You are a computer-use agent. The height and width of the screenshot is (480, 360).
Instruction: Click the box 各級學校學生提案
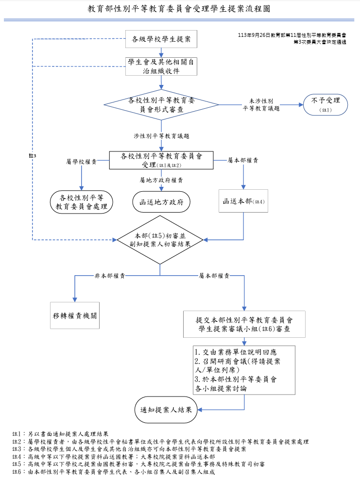tap(161, 39)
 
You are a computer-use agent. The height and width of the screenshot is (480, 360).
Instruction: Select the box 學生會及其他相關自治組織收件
tap(161, 66)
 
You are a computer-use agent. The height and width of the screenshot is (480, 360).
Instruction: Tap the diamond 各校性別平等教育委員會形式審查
tap(161, 105)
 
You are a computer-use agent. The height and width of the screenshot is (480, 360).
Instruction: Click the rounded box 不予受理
tap(326, 105)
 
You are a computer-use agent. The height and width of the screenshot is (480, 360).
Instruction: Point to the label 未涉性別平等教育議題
tap(261, 105)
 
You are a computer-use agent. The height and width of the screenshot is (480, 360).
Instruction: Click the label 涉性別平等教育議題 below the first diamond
tap(161, 136)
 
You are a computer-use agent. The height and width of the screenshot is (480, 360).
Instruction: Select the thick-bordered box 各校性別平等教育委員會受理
tap(161, 160)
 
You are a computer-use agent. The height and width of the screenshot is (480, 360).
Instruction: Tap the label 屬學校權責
tap(82, 161)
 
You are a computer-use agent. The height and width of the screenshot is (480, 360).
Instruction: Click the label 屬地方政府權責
tap(161, 180)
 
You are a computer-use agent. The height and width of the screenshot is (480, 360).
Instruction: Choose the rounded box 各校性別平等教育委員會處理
tap(82, 202)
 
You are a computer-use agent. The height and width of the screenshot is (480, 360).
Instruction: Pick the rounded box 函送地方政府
tap(161, 202)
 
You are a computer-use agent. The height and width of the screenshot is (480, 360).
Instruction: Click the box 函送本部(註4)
tap(243, 201)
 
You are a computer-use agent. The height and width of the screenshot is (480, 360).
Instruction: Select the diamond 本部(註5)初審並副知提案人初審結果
tap(160, 240)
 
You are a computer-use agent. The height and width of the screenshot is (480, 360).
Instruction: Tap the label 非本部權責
tap(110, 276)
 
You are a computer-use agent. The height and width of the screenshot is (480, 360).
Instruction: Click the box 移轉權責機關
tap(75, 315)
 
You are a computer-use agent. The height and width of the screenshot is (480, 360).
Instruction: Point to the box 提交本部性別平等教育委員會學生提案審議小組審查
tap(244, 325)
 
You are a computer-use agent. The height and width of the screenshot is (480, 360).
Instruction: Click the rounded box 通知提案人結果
tap(166, 410)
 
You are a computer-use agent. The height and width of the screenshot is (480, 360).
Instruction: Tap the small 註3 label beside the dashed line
tap(33, 156)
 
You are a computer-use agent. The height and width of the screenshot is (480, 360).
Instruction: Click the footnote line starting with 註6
tap(113, 472)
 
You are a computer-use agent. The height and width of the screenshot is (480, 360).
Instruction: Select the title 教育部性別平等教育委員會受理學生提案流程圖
tap(179, 9)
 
